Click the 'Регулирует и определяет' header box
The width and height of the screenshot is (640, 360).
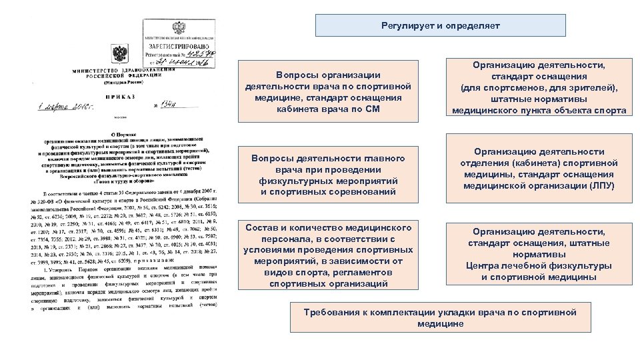[x=440, y=26]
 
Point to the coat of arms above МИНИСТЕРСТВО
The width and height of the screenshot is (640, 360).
[x=119, y=54]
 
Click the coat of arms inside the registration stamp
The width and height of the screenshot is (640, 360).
[x=179, y=28]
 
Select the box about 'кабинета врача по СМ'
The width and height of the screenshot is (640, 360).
[x=327, y=92]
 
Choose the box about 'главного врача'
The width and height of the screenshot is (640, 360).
[x=327, y=175]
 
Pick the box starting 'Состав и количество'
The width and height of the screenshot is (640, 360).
[x=327, y=255]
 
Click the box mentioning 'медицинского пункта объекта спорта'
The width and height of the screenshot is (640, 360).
[x=539, y=87]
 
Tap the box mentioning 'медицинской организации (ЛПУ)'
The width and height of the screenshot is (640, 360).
[x=539, y=169]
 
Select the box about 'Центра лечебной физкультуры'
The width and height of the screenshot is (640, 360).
[x=539, y=254]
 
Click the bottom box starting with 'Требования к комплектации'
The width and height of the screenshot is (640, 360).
[x=440, y=317]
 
